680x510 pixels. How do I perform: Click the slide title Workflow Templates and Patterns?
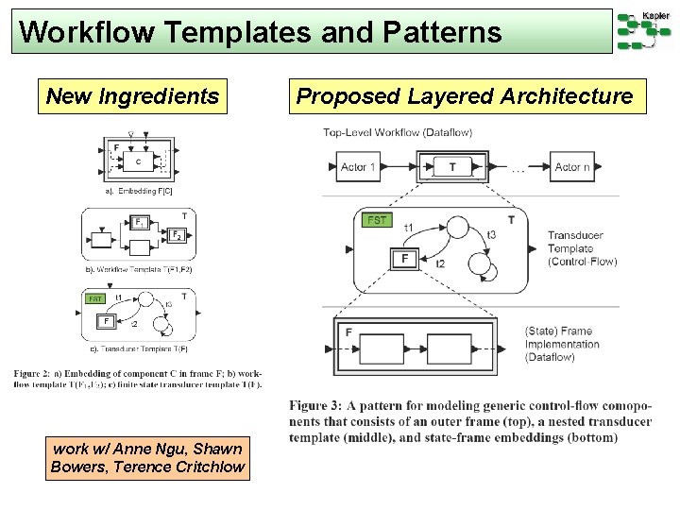260,33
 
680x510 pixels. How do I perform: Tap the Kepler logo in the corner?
644,29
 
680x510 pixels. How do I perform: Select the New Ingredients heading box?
132,96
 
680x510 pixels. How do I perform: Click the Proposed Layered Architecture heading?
465,96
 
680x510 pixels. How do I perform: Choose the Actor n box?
572,167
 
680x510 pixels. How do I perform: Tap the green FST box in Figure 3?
377,219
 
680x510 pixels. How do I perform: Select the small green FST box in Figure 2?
95,298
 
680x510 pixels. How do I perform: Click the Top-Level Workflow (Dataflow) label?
398,132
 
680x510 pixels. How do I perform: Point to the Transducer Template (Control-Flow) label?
582,248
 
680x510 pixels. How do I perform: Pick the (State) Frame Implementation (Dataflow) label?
562,344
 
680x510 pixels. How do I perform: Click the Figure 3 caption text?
470,421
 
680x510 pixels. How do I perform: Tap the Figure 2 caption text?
138,378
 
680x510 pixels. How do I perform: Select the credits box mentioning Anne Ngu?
147,458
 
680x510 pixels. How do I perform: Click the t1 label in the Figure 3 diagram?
409,227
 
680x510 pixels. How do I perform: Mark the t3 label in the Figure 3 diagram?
490,234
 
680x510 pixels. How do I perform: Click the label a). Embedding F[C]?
139,191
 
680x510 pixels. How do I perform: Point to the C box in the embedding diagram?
140,161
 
